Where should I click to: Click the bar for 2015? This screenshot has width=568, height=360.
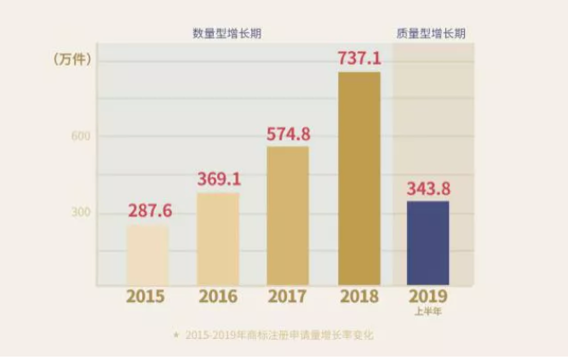coord(148,254)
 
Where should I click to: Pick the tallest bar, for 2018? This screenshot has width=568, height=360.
coord(359,178)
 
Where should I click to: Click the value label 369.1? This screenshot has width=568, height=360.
coord(219,180)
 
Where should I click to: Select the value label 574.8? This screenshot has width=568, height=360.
coord(288,133)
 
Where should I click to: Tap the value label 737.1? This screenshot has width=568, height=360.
coord(359,58)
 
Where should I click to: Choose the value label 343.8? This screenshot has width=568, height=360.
coord(427,187)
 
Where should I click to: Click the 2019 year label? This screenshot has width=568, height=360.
coord(427,297)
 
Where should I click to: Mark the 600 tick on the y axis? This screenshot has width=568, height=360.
coord(80,136)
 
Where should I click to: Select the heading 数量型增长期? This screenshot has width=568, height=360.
coord(227,33)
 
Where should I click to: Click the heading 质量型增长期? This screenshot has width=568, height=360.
coord(431,33)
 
